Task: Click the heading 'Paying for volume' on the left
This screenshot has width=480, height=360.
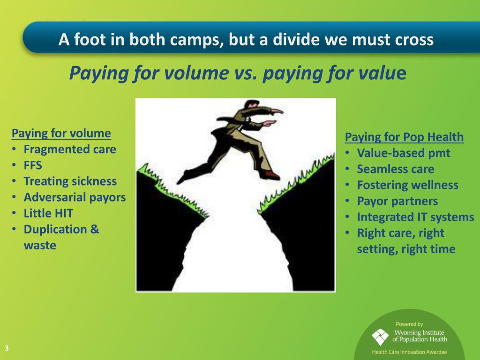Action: pyautogui.click(x=61, y=133)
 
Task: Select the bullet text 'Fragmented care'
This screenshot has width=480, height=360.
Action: pyautogui.click(x=69, y=150)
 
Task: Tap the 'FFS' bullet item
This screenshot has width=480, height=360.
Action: pyautogui.click(x=33, y=165)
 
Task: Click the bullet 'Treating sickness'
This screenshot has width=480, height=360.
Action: pyautogui.click(x=70, y=181)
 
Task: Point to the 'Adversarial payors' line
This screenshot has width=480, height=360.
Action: pyautogui.click(x=75, y=197)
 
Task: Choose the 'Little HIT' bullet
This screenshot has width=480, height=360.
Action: pyautogui.click(x=48, y=213)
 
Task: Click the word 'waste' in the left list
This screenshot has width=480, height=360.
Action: pyautogui.click(x=40, y=245)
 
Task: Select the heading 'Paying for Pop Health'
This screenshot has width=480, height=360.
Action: pyautogui.click(x=404, y=137)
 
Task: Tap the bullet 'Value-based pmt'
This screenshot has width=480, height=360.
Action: pyautogui.click(x=403, y=153)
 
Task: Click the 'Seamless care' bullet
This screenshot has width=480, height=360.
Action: pyautogui.click(x=395, y=169)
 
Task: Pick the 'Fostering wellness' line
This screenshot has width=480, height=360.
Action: pyautogui.click(x=407, y=185)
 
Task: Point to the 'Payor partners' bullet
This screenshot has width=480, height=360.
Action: pyautogui.click(x=397, y=201)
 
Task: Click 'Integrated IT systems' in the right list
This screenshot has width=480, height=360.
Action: pyautogui.click(x=415, y=217)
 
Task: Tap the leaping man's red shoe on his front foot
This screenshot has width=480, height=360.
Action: pyautogui.click(x=270, y=175)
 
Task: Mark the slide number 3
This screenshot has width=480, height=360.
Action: pyautogui.click(x=7, y=348)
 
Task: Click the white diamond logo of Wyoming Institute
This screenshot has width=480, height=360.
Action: pyautogui.click(x=380, y=337)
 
